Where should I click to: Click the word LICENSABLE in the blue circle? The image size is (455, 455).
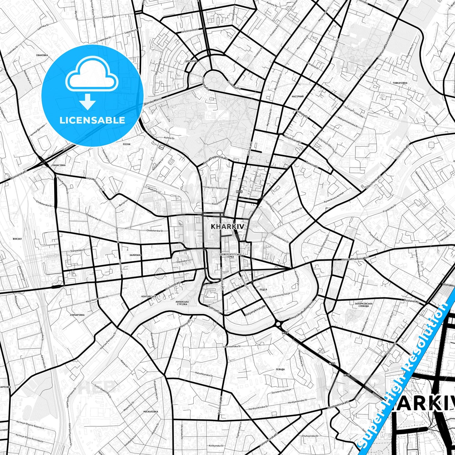92,120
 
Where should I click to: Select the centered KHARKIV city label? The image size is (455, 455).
227,226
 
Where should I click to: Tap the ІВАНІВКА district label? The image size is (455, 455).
42,55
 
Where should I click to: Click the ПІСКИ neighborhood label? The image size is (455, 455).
127,144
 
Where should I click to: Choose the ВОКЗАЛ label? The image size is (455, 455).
17,239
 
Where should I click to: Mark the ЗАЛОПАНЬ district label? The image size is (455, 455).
135,255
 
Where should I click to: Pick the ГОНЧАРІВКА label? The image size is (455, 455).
77,315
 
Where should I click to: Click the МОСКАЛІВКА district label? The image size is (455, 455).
151,412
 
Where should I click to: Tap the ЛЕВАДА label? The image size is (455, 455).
280,369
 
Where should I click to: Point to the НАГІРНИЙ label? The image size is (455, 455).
298,97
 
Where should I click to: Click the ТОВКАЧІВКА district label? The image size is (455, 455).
400,83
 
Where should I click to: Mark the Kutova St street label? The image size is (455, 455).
169,138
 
